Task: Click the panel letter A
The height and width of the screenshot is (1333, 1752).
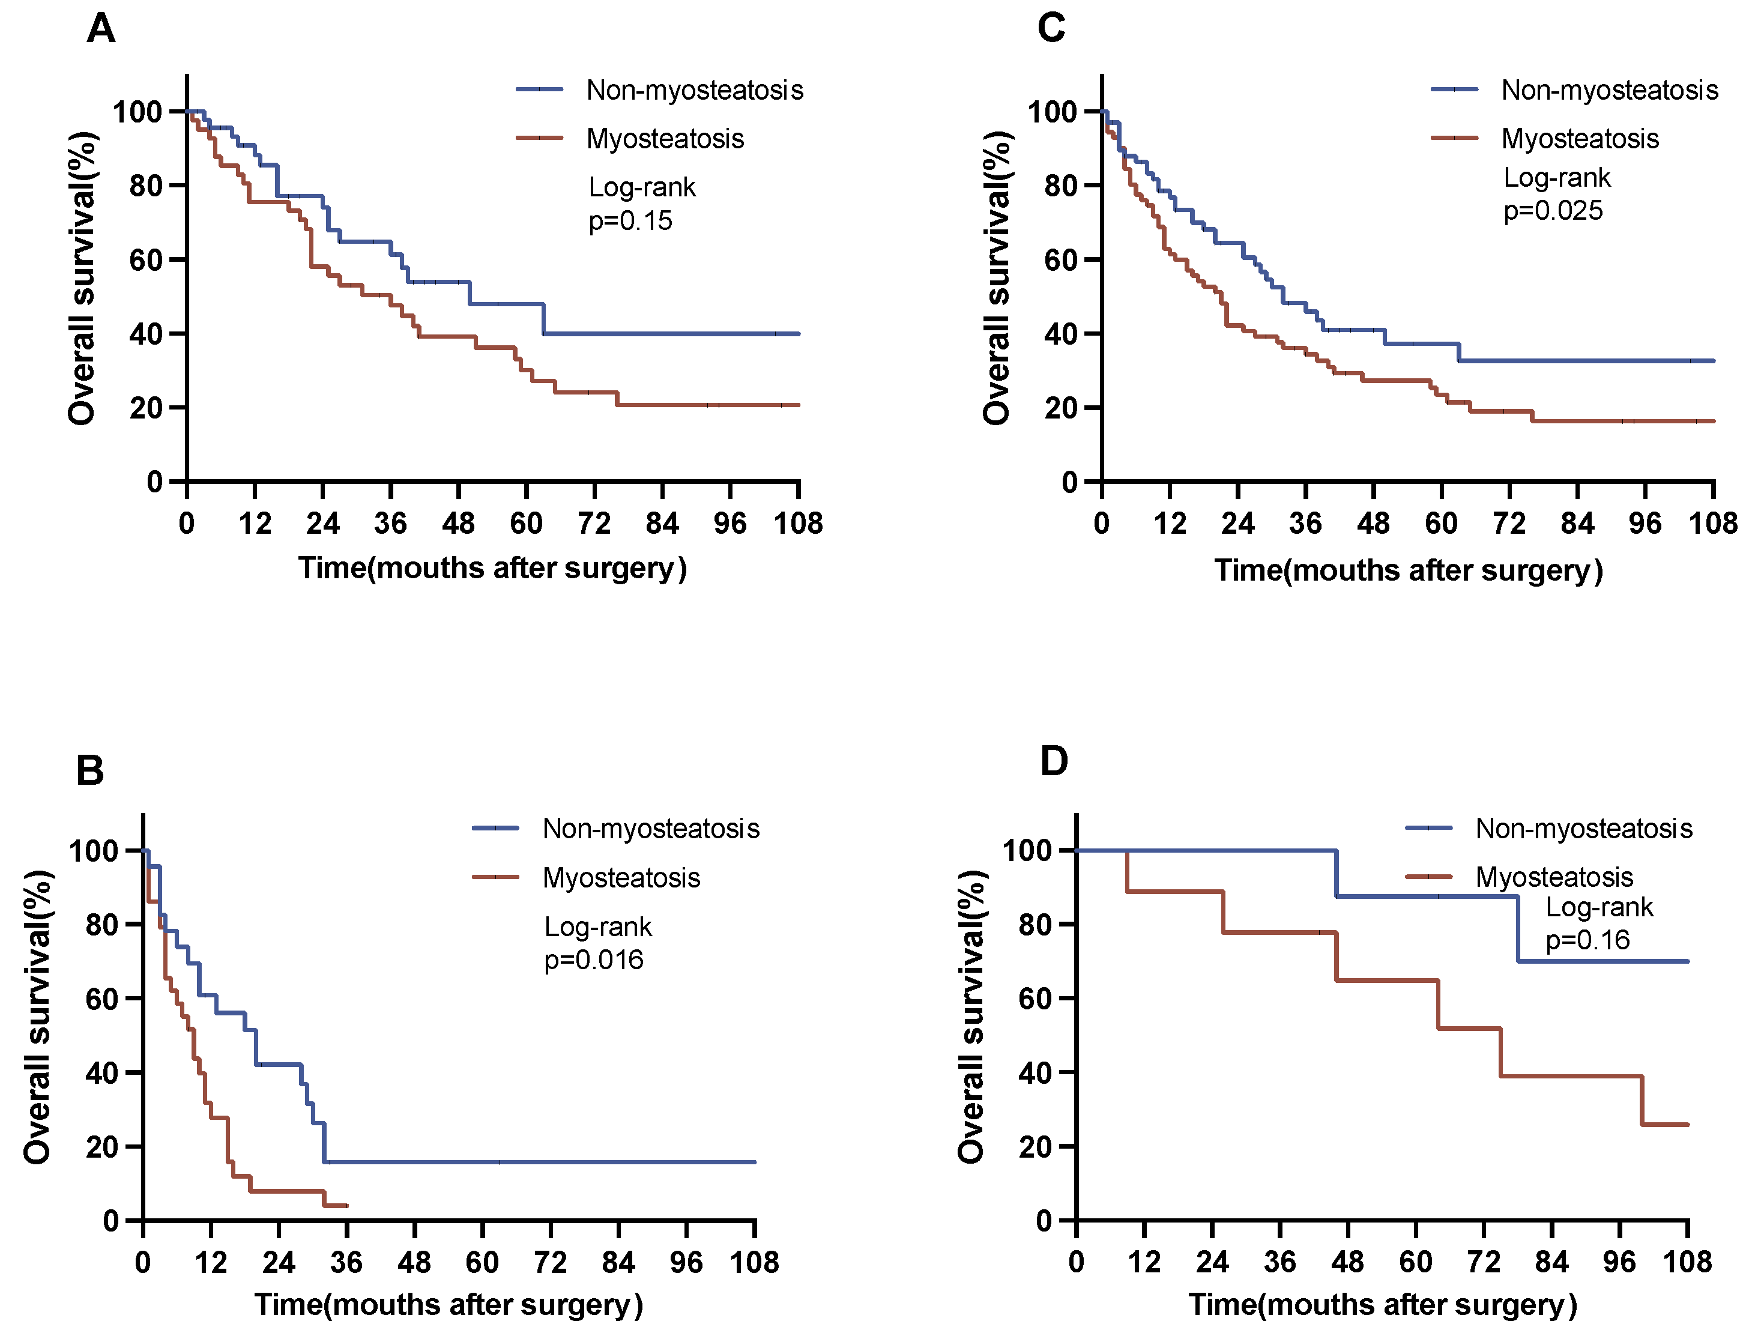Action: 101,29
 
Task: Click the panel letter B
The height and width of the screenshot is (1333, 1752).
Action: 89,770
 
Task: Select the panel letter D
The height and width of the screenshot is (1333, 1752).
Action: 1054,761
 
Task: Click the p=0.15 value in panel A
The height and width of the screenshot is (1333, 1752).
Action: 630,220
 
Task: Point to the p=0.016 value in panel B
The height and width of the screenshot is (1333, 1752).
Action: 594,960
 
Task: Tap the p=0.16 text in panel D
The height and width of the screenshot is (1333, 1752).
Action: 1587,940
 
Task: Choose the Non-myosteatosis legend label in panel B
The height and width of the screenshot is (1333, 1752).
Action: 651,829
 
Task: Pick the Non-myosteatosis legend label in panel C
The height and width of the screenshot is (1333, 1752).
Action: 1609,91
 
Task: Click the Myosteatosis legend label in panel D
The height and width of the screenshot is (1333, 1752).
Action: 1554,878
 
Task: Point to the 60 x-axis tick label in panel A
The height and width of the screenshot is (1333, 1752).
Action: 526,524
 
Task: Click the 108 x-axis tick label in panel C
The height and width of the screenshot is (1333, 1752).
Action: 1712,524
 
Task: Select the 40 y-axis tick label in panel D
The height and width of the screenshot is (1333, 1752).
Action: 1036,1073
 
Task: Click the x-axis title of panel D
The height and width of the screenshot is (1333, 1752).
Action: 1382,1305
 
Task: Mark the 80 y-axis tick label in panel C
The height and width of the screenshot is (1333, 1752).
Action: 1061,186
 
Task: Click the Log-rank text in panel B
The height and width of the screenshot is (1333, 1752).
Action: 597,926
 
